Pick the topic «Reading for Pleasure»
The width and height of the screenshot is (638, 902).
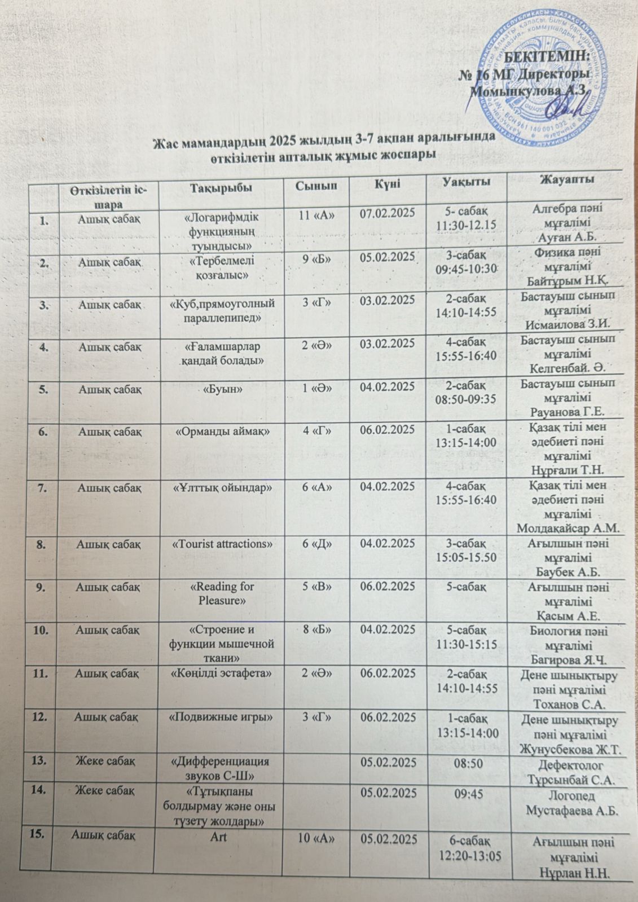click(221, 593)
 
